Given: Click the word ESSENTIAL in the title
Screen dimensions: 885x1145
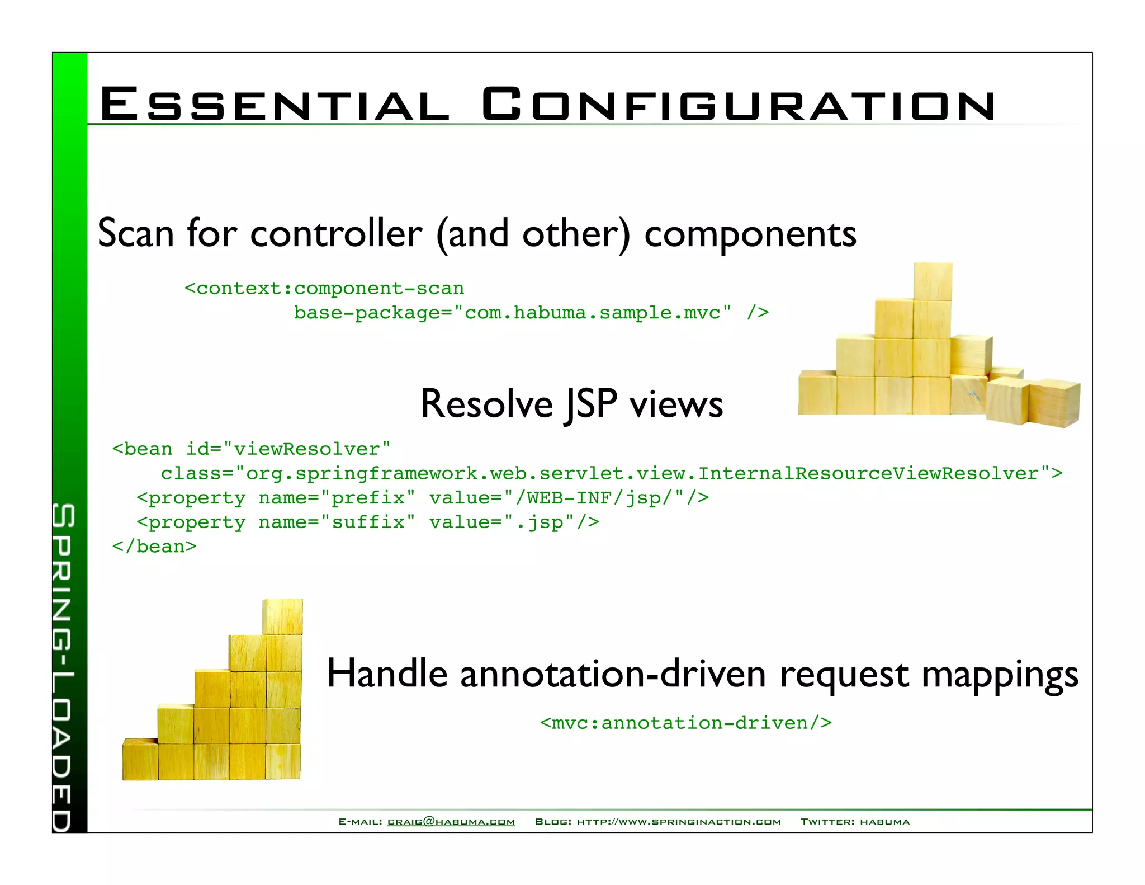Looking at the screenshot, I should click(274, 105).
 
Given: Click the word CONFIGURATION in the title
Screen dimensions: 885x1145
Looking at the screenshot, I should click(738, 105).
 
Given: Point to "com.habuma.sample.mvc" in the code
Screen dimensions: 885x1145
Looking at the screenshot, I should click(593, 313).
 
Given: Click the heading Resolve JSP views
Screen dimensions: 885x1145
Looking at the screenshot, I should click(571, 404).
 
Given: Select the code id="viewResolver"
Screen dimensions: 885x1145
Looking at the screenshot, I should click(288, 449).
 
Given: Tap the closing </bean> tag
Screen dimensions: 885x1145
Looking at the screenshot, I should click(154, 547).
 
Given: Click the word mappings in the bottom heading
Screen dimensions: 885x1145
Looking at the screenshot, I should click(1000, 675).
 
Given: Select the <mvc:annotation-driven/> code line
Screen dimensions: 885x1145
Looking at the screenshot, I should click(686, 723).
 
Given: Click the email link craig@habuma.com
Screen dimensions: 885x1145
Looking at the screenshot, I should click(451, 822).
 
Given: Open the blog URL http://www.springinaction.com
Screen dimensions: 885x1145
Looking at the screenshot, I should click(679, 822).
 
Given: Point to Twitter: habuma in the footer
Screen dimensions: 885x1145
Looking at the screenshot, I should click(855, 822).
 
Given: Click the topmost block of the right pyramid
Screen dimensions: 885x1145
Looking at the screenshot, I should click(933, 281).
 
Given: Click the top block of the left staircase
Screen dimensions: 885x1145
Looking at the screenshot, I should click(283, 616).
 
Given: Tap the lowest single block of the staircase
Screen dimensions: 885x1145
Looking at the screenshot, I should click(140, 759).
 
